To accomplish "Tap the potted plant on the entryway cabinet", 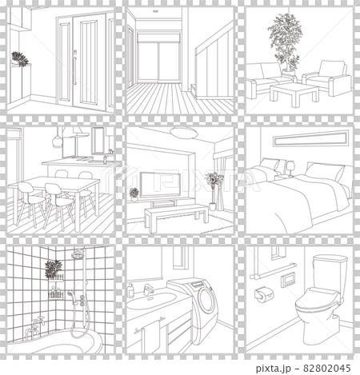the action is (x=19, y=59).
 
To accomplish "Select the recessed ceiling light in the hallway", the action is (x=155, y=11).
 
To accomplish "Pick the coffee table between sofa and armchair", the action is (x=294, y=94).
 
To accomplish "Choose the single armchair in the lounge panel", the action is (x=327, y=78).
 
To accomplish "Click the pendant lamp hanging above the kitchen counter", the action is (x=57, y=141).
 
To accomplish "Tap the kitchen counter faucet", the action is (x=105, y=159).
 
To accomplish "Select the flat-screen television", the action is (x=160, y=185).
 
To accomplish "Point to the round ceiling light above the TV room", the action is (x=184, y=132).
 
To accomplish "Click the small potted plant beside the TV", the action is (x=134, y=194).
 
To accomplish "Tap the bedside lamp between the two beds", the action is (x=290, y=168).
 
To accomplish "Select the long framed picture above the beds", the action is (x=310, y=138).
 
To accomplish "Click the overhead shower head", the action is (x=78, y=253).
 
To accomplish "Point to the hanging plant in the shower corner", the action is (x=54, y=269).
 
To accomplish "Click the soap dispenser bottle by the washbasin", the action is (x=130, y=290).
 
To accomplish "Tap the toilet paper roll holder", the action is (x=263, y=294).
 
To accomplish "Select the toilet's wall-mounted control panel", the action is (x=288, y=280).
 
